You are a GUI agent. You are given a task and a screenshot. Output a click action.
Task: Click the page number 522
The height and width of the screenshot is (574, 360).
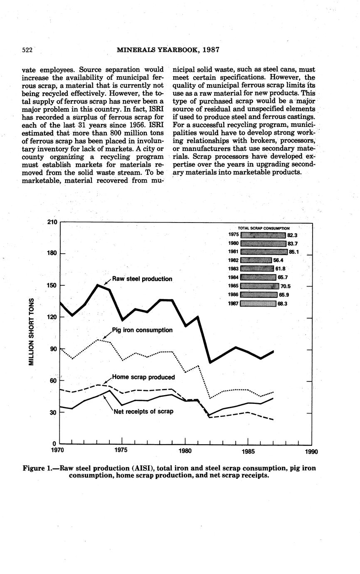click(27, 50)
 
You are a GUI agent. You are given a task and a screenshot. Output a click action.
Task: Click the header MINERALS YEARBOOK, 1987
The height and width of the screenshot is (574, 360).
click(168, 50)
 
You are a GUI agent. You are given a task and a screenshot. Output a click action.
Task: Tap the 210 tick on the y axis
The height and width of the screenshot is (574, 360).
click(52, 222)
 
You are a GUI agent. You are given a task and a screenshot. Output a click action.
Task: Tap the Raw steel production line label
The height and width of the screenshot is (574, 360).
click(142, 279)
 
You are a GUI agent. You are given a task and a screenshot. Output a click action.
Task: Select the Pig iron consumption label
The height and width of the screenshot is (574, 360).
click(142, 330)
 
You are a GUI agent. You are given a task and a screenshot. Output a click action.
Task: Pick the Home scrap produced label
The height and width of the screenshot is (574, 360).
click(143, 377)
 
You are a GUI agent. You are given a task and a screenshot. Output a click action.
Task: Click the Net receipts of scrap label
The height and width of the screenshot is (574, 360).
click(143, 411)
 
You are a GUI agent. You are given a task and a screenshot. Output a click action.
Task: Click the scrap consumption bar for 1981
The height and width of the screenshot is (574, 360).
click(264, 252)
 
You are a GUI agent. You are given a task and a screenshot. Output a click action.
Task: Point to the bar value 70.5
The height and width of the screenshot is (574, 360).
click(286, 286)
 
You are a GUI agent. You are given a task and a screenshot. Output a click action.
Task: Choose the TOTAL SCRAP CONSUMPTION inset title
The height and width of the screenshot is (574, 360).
click(264, 228)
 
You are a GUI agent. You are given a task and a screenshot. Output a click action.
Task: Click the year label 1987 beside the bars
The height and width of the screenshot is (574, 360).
click(233, 304)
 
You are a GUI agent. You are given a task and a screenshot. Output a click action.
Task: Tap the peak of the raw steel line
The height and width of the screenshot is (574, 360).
click(98, 285)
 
